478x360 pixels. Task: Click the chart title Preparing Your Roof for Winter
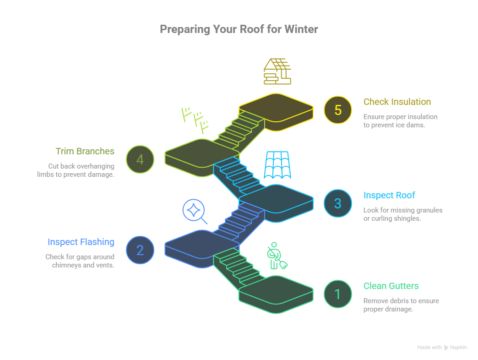tap(239, 29)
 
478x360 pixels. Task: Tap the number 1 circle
tap(337, 294)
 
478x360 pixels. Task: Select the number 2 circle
tap(140, 250)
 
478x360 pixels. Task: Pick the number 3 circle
tap(337, 203)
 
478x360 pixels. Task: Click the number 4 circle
tap(140, 159)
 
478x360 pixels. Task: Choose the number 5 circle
tap(337, 110)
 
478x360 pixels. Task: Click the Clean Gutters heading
tap(391, 286)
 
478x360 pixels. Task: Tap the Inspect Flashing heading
tap(81, 242)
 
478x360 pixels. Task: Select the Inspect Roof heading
tap(389, 196)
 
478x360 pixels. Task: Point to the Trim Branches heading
tap(85, 152)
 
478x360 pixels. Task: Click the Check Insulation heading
tap(397, 102)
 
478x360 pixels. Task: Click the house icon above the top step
tap(277, 71)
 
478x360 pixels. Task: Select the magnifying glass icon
tap(194, 211)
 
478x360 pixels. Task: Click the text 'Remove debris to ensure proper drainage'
tap(401, 305)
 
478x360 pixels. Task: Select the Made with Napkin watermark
tap(442, 348)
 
